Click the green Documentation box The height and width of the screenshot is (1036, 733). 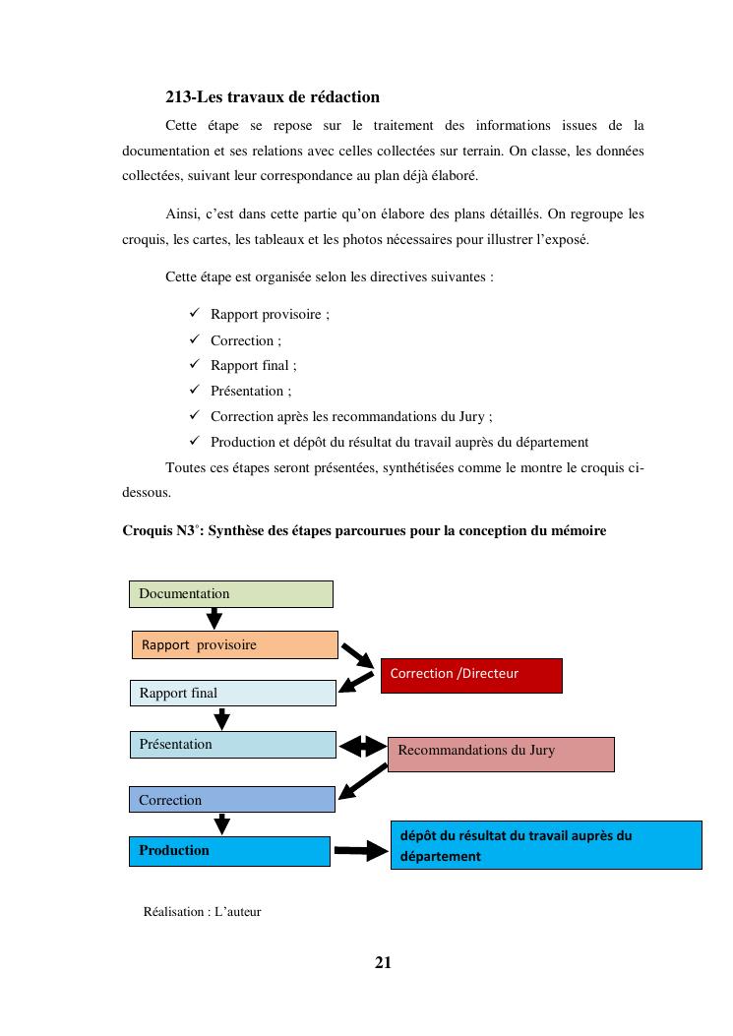230,593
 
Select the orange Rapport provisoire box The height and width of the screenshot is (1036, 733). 234,645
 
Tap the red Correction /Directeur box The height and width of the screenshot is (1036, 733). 470,675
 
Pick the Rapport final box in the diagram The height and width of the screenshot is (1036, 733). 232,693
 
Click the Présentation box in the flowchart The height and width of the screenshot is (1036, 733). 232,745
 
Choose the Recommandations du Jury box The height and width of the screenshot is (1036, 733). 501,754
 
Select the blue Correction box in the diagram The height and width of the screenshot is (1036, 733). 232,800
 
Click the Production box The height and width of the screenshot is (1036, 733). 228,851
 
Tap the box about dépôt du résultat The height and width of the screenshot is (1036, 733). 546,845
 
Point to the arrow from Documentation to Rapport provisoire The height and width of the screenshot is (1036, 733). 214,619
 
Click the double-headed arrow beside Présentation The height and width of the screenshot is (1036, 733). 362,747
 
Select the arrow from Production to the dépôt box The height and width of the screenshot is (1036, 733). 362,851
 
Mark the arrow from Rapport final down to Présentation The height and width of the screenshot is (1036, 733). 222,719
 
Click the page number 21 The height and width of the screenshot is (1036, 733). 383,962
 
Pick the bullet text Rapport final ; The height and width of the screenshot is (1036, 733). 253,365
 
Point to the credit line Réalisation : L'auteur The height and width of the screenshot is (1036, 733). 202,911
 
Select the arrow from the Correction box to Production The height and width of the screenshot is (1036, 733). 222,824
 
